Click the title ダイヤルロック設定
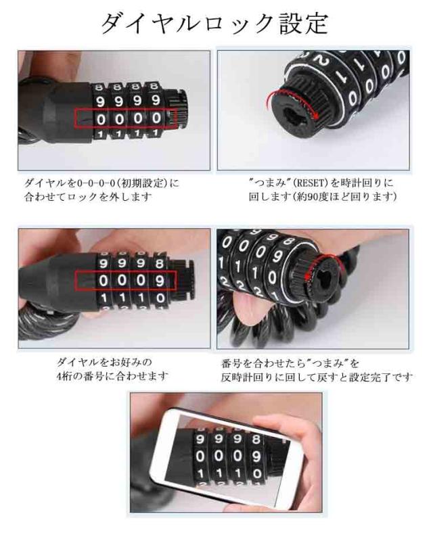pos(215,24)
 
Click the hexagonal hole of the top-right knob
pos(294,117)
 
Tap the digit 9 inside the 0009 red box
pos(160,281)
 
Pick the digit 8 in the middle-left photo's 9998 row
pos(160,263)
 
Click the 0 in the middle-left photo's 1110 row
pos(160,298)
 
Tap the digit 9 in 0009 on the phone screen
pos(256,456)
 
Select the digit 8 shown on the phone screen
pos(256,439)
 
